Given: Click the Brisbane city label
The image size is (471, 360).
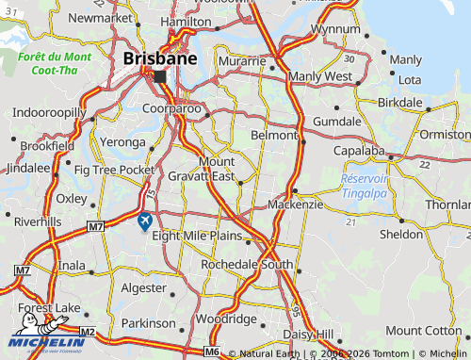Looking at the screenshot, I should click(160, 58).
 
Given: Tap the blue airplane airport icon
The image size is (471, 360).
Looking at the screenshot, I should click(144, 221).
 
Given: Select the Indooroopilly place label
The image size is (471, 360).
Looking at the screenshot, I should click(49, 113).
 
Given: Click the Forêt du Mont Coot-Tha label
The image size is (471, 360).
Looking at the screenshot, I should click(55, 63).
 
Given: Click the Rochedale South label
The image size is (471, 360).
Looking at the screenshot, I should click(247, 265).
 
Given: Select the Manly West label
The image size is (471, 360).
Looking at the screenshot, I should click(320, 76).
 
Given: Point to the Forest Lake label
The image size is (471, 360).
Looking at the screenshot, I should click(48, 307).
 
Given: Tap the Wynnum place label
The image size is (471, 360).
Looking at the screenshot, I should click(335, 29).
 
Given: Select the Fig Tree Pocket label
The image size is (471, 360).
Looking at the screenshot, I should click(114, 170).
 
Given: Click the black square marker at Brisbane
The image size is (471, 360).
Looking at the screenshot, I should click(160, 77).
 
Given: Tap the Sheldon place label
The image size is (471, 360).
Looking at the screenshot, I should click(402, 234).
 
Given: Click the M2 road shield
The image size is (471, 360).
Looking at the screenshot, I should click(87, 332).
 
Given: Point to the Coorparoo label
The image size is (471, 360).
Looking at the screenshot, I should click(171, 109).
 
